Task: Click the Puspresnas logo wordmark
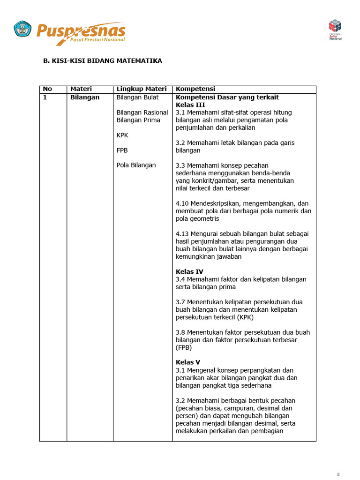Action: point(81,32)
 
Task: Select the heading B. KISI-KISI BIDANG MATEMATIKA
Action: point(103,61)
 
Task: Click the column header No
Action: point(47,89)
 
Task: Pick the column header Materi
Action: point(81,89)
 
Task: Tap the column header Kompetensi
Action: point(195,89)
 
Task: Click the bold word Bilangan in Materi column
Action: point(85,97)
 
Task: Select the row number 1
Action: point(45,97)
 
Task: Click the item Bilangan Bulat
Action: point(137,97)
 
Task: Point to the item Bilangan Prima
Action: point(138,120)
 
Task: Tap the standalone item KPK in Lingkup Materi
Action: point(122,135)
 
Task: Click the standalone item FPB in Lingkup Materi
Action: point(122,150)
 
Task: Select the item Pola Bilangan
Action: point(136,165)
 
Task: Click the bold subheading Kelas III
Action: point(190,105)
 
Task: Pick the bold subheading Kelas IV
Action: point(189,271)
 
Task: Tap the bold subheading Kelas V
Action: point(188,362)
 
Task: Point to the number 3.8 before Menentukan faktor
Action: point(181,332)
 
